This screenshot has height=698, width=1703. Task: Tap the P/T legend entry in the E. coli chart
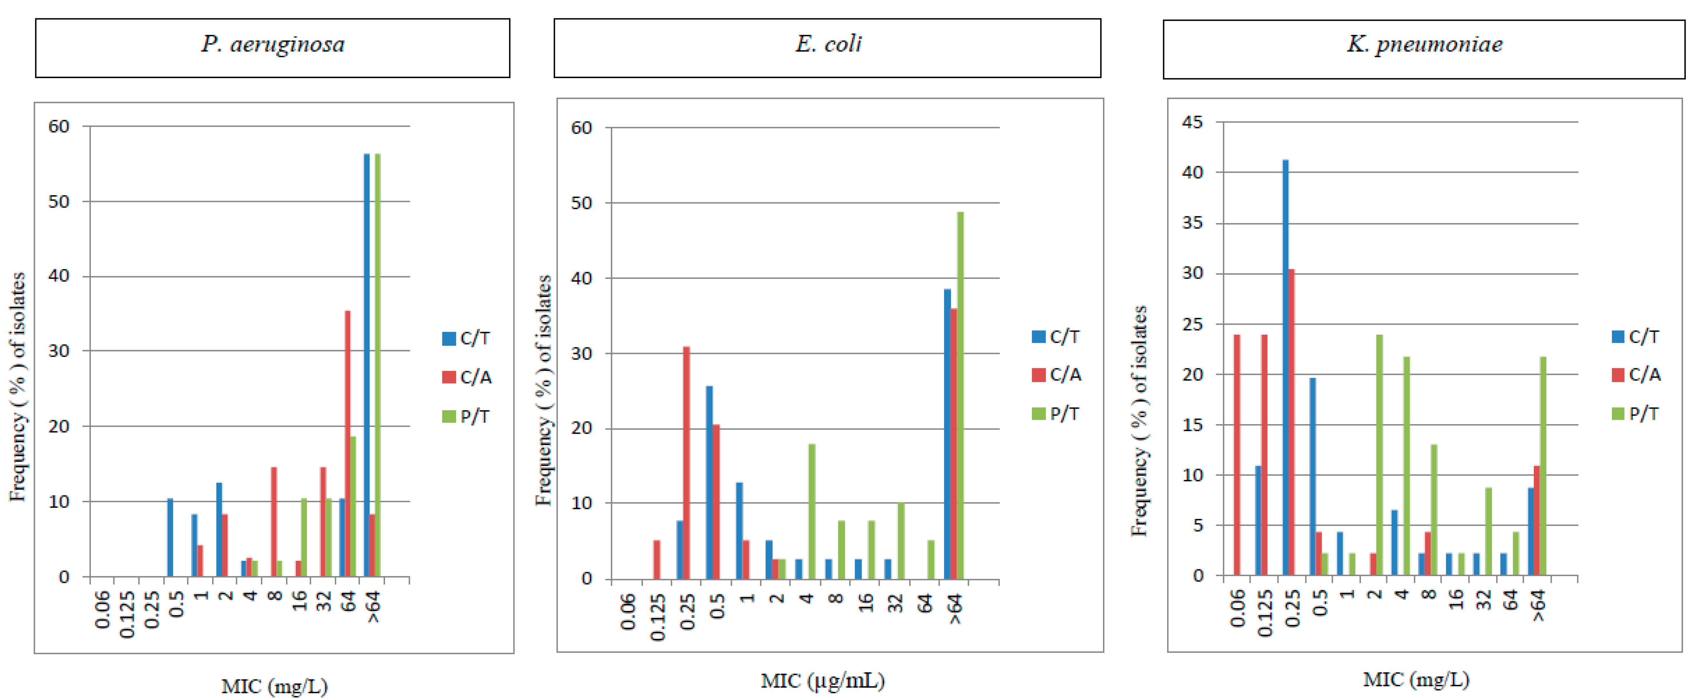[1056, 414]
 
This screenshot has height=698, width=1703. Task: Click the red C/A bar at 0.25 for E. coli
[686, 463]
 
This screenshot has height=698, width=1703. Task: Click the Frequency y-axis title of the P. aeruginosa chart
[18, 387]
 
